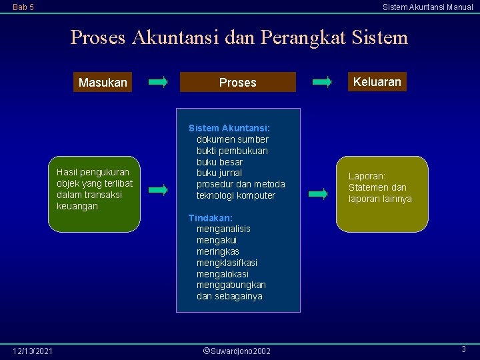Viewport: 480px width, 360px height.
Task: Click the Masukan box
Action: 102,83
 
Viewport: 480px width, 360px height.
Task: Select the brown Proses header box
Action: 238,82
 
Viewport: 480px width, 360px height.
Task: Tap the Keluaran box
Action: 377,82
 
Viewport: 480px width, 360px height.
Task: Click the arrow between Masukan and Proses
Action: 159,82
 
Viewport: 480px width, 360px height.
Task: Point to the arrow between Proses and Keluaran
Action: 322,82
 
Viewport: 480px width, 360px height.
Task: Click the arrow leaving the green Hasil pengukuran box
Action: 158,190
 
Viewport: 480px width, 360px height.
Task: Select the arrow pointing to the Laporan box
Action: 319,195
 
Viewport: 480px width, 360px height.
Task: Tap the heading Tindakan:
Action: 210,218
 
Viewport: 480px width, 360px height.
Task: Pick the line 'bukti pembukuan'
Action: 232,151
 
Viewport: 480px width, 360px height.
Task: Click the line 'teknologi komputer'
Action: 235,195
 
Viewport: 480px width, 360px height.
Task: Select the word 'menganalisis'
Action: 223,229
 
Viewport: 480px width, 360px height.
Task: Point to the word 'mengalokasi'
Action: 222,273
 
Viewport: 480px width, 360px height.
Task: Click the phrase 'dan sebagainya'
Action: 229,296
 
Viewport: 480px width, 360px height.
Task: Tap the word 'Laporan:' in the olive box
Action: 367,176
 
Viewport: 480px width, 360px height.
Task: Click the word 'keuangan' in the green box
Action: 77,206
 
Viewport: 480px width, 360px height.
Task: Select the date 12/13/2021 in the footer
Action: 33,351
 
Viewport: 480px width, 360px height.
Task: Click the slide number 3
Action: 463,349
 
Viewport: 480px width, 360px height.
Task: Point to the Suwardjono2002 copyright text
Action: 237,351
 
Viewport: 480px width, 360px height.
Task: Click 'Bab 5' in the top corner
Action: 23,7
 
